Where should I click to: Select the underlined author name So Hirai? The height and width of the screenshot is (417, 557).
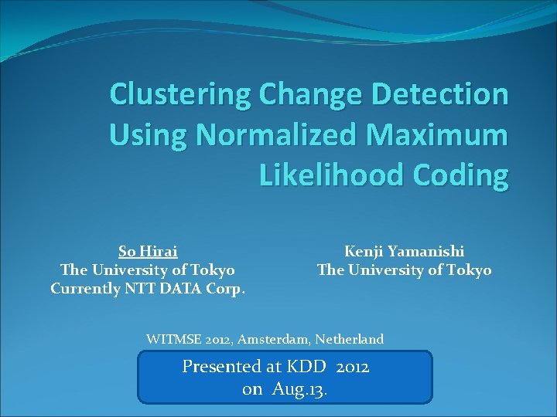148,251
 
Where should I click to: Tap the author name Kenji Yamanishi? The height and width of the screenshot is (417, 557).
404,251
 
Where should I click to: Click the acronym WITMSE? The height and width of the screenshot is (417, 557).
172,339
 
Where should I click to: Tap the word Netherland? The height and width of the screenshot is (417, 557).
350,339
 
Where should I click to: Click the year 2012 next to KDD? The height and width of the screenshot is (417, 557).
353,367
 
